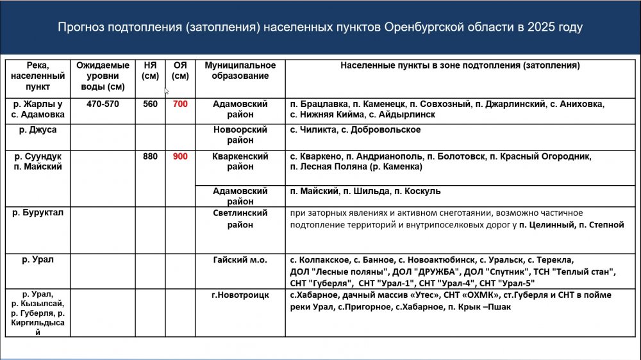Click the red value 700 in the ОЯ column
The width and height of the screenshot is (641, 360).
181,104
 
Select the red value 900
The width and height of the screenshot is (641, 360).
181,156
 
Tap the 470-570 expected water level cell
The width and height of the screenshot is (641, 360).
103,104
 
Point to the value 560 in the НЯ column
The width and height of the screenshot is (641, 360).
150,104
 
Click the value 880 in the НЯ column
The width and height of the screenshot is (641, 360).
150,156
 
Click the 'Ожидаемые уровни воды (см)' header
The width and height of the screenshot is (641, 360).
103,76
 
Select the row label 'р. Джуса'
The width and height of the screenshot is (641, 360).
38,130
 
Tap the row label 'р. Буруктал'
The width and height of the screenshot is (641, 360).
38,213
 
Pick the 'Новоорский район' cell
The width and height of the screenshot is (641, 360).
240,135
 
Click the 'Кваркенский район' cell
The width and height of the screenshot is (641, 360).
240,161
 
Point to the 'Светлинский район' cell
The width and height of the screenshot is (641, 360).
240,218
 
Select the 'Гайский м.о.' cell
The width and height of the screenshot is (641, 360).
240,260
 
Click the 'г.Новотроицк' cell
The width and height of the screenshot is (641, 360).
240,295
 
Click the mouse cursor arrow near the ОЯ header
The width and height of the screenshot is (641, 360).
167,92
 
